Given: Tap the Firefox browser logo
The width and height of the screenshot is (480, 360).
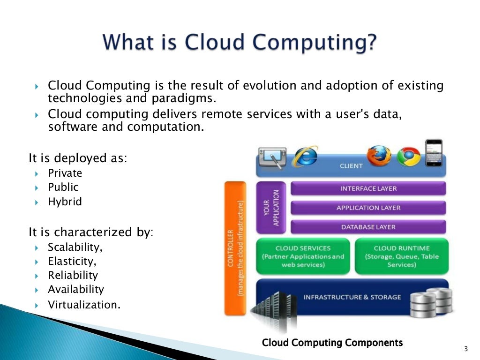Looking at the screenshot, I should [x=379, y=156].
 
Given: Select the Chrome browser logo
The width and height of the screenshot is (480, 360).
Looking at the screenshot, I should [x=408, y=157].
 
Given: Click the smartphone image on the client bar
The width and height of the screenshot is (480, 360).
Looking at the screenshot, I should [x=433, y=153].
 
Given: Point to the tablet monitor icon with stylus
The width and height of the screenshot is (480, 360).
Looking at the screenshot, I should [x=274, y=157].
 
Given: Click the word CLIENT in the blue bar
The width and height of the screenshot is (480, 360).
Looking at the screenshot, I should [x=351, y=165].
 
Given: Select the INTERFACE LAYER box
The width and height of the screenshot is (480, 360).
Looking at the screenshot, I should [x=368, y=188].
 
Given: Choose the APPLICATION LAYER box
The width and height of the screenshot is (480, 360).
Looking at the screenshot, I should [x=368, y=208].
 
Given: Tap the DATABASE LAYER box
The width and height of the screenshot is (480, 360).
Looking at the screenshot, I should [x=368, y=227].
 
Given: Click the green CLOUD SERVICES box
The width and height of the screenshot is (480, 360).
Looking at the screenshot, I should [x=303, y=256].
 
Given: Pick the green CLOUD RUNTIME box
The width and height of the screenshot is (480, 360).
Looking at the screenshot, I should [x=401, y=256].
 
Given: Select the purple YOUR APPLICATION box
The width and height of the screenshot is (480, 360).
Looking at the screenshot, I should [x=270, y=207].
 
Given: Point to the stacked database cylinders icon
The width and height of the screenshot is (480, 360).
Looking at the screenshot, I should [x=431, y=302].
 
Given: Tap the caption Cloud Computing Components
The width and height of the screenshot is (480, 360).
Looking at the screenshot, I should [x=332, y=343].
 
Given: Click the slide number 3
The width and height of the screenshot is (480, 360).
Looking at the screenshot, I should [x=465, y=349].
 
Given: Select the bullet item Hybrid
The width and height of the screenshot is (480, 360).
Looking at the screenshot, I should [x=65, y=202].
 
